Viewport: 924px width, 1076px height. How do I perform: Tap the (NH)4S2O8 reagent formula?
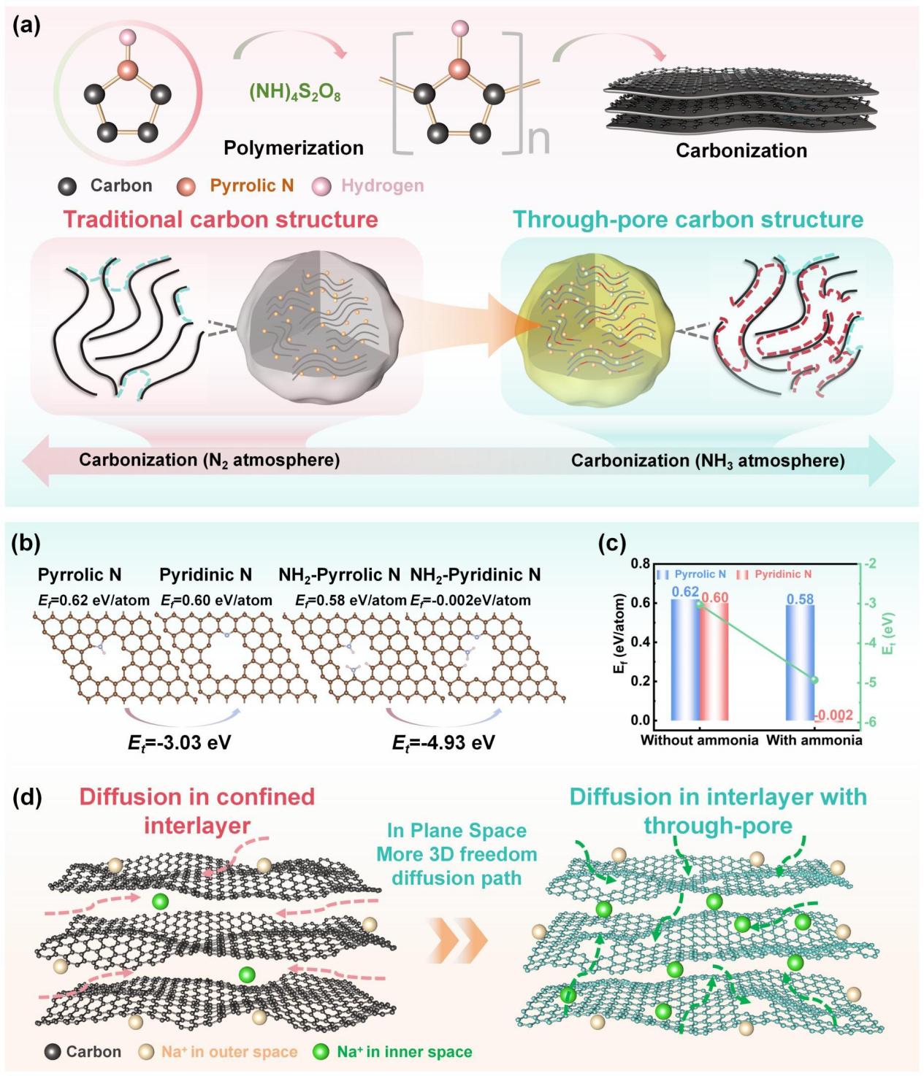tap(294, 93)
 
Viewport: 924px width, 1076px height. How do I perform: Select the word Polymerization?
tap(294, 147)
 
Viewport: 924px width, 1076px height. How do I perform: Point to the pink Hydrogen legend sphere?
tap(321, 187)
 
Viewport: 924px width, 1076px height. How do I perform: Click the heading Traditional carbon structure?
tap(221, 219)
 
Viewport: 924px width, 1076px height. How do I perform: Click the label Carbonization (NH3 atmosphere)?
tap(708, 461)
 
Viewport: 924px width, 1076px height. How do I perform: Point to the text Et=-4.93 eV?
tap(443, 742)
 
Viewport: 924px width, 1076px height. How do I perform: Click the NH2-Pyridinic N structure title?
tap(476, 575)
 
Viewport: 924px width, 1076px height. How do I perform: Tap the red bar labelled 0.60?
tap(714, 661)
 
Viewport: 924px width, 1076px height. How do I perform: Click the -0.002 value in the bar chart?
tap(834, 715)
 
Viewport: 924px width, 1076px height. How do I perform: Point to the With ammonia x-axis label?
tap(814, 740)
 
